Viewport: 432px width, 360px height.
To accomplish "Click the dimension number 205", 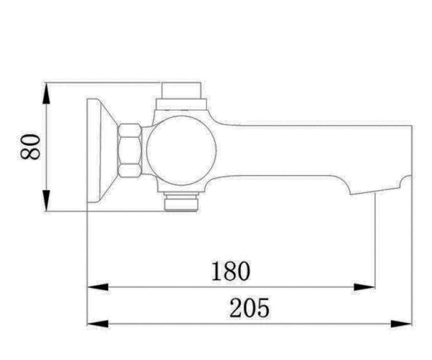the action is pyautogui.click(x=249, y=308).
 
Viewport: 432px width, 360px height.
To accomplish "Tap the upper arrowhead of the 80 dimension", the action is pyautogui.click(x=46, y=93).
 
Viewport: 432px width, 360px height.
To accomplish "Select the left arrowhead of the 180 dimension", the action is pyautogui.click(x=98, y=287).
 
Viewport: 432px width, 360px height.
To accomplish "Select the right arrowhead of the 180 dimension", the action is pyautogui.click(x=364, y=287).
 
